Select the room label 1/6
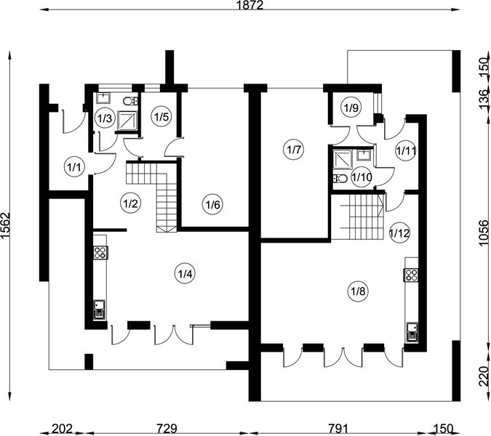pyautogui.click(x=212, y=206)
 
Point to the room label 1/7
pyautogui.click(x=294, y=150)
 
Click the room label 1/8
pyautogui.click(x=358, y=292)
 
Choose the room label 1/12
pyautogui.click(x=399, y=233)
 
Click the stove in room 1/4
pyautogui.click(x=100, y=253)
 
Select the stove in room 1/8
pyautogui.click(x=411, y=275)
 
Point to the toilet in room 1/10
pyautogui.click(x=340, y=178)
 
